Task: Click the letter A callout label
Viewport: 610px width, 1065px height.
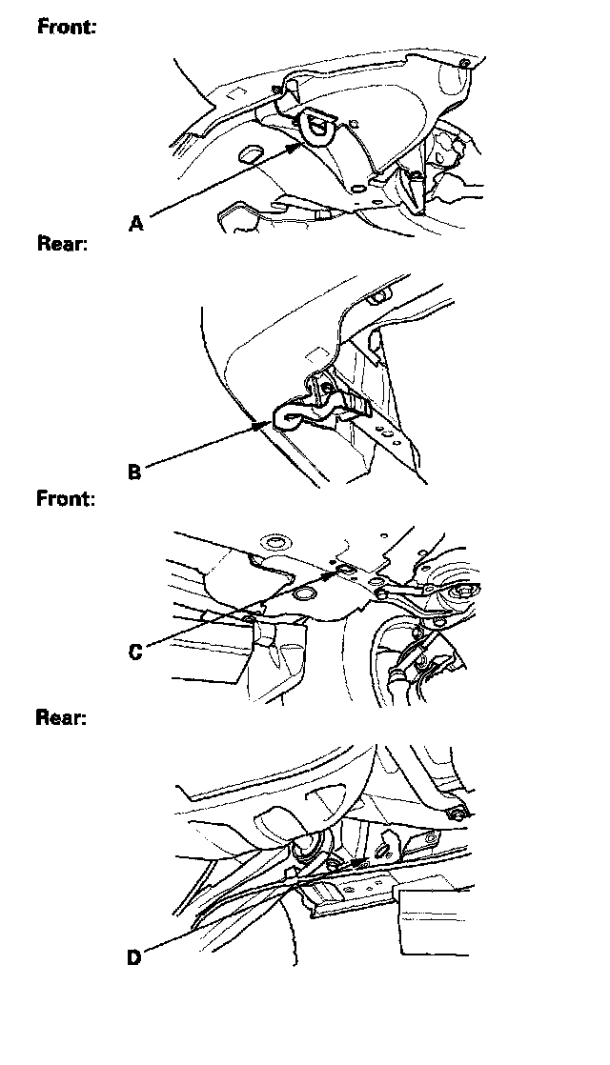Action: click(x=136, y=224)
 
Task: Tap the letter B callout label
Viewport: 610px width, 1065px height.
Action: click(x=134, y=472)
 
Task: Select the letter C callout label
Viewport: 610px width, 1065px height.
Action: click(x=135, y=653)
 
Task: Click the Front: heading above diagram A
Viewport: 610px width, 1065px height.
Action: click(x=66, y=27)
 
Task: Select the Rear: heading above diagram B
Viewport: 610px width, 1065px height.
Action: click(x=62, y=245)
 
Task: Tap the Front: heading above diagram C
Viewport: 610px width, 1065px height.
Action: click(x=66, y=498)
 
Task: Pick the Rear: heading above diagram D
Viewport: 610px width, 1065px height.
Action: click(x=62, y=717)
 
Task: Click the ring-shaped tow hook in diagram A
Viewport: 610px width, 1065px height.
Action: click(x=319, y=127)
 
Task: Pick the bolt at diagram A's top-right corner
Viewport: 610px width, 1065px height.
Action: click(x=463, y=65)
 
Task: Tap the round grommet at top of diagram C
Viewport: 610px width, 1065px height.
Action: click(x=276, y=543)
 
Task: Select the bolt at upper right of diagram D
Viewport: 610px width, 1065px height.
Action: click(x=459, y=814)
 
